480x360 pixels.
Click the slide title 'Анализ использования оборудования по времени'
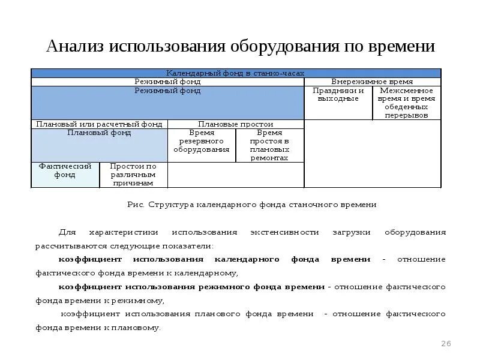click(240, 46)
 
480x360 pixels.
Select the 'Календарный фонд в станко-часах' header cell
click(235, 73)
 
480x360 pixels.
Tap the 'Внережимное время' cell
click(372, 81)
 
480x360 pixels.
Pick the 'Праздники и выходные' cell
click(338, 95)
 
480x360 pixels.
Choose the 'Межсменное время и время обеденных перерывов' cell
click(406, 103)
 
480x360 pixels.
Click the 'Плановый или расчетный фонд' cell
click(99, 124)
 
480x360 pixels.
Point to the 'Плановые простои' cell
click(235, 124)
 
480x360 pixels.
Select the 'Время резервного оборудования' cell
click(201, 141)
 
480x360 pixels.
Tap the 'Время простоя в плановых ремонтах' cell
click(269, 145)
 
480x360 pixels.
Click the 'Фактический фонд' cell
click(65, 170)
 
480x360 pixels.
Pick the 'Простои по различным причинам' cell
click(133, 175)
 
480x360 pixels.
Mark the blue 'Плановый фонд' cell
click(99, 145)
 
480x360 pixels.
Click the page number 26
click(445, 344)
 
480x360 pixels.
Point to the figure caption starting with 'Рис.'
click(251, 205)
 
